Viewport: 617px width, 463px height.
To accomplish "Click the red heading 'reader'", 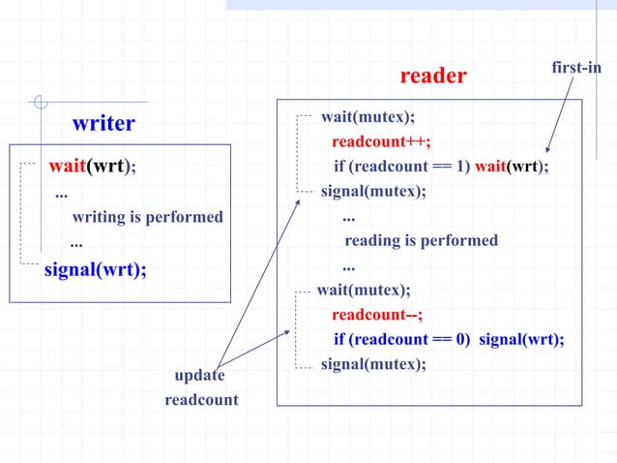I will [x=433, y=76].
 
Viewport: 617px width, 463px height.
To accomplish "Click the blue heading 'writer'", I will [x=103, y=124].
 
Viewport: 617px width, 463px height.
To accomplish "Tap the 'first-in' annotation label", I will [x=576, y=67].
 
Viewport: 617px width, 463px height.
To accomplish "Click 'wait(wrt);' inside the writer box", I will [x=93, y=166].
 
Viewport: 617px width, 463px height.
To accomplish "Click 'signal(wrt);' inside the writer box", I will [x=96, y=268].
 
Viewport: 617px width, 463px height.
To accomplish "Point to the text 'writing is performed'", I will [x=147, y=216].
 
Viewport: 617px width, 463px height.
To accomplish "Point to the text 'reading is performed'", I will [x=422, y=240].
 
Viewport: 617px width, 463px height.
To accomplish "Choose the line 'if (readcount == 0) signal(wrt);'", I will [x=449, y=339].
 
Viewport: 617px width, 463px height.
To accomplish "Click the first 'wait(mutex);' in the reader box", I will [x=367, y=117].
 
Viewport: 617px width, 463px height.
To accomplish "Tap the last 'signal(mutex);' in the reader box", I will [x=373, y=364].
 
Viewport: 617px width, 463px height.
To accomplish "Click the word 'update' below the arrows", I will [x=199, y=375].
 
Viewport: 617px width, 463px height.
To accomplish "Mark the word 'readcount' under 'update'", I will [x=201, y=399].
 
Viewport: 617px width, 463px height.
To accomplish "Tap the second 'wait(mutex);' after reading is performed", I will [x=364, y=290].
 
